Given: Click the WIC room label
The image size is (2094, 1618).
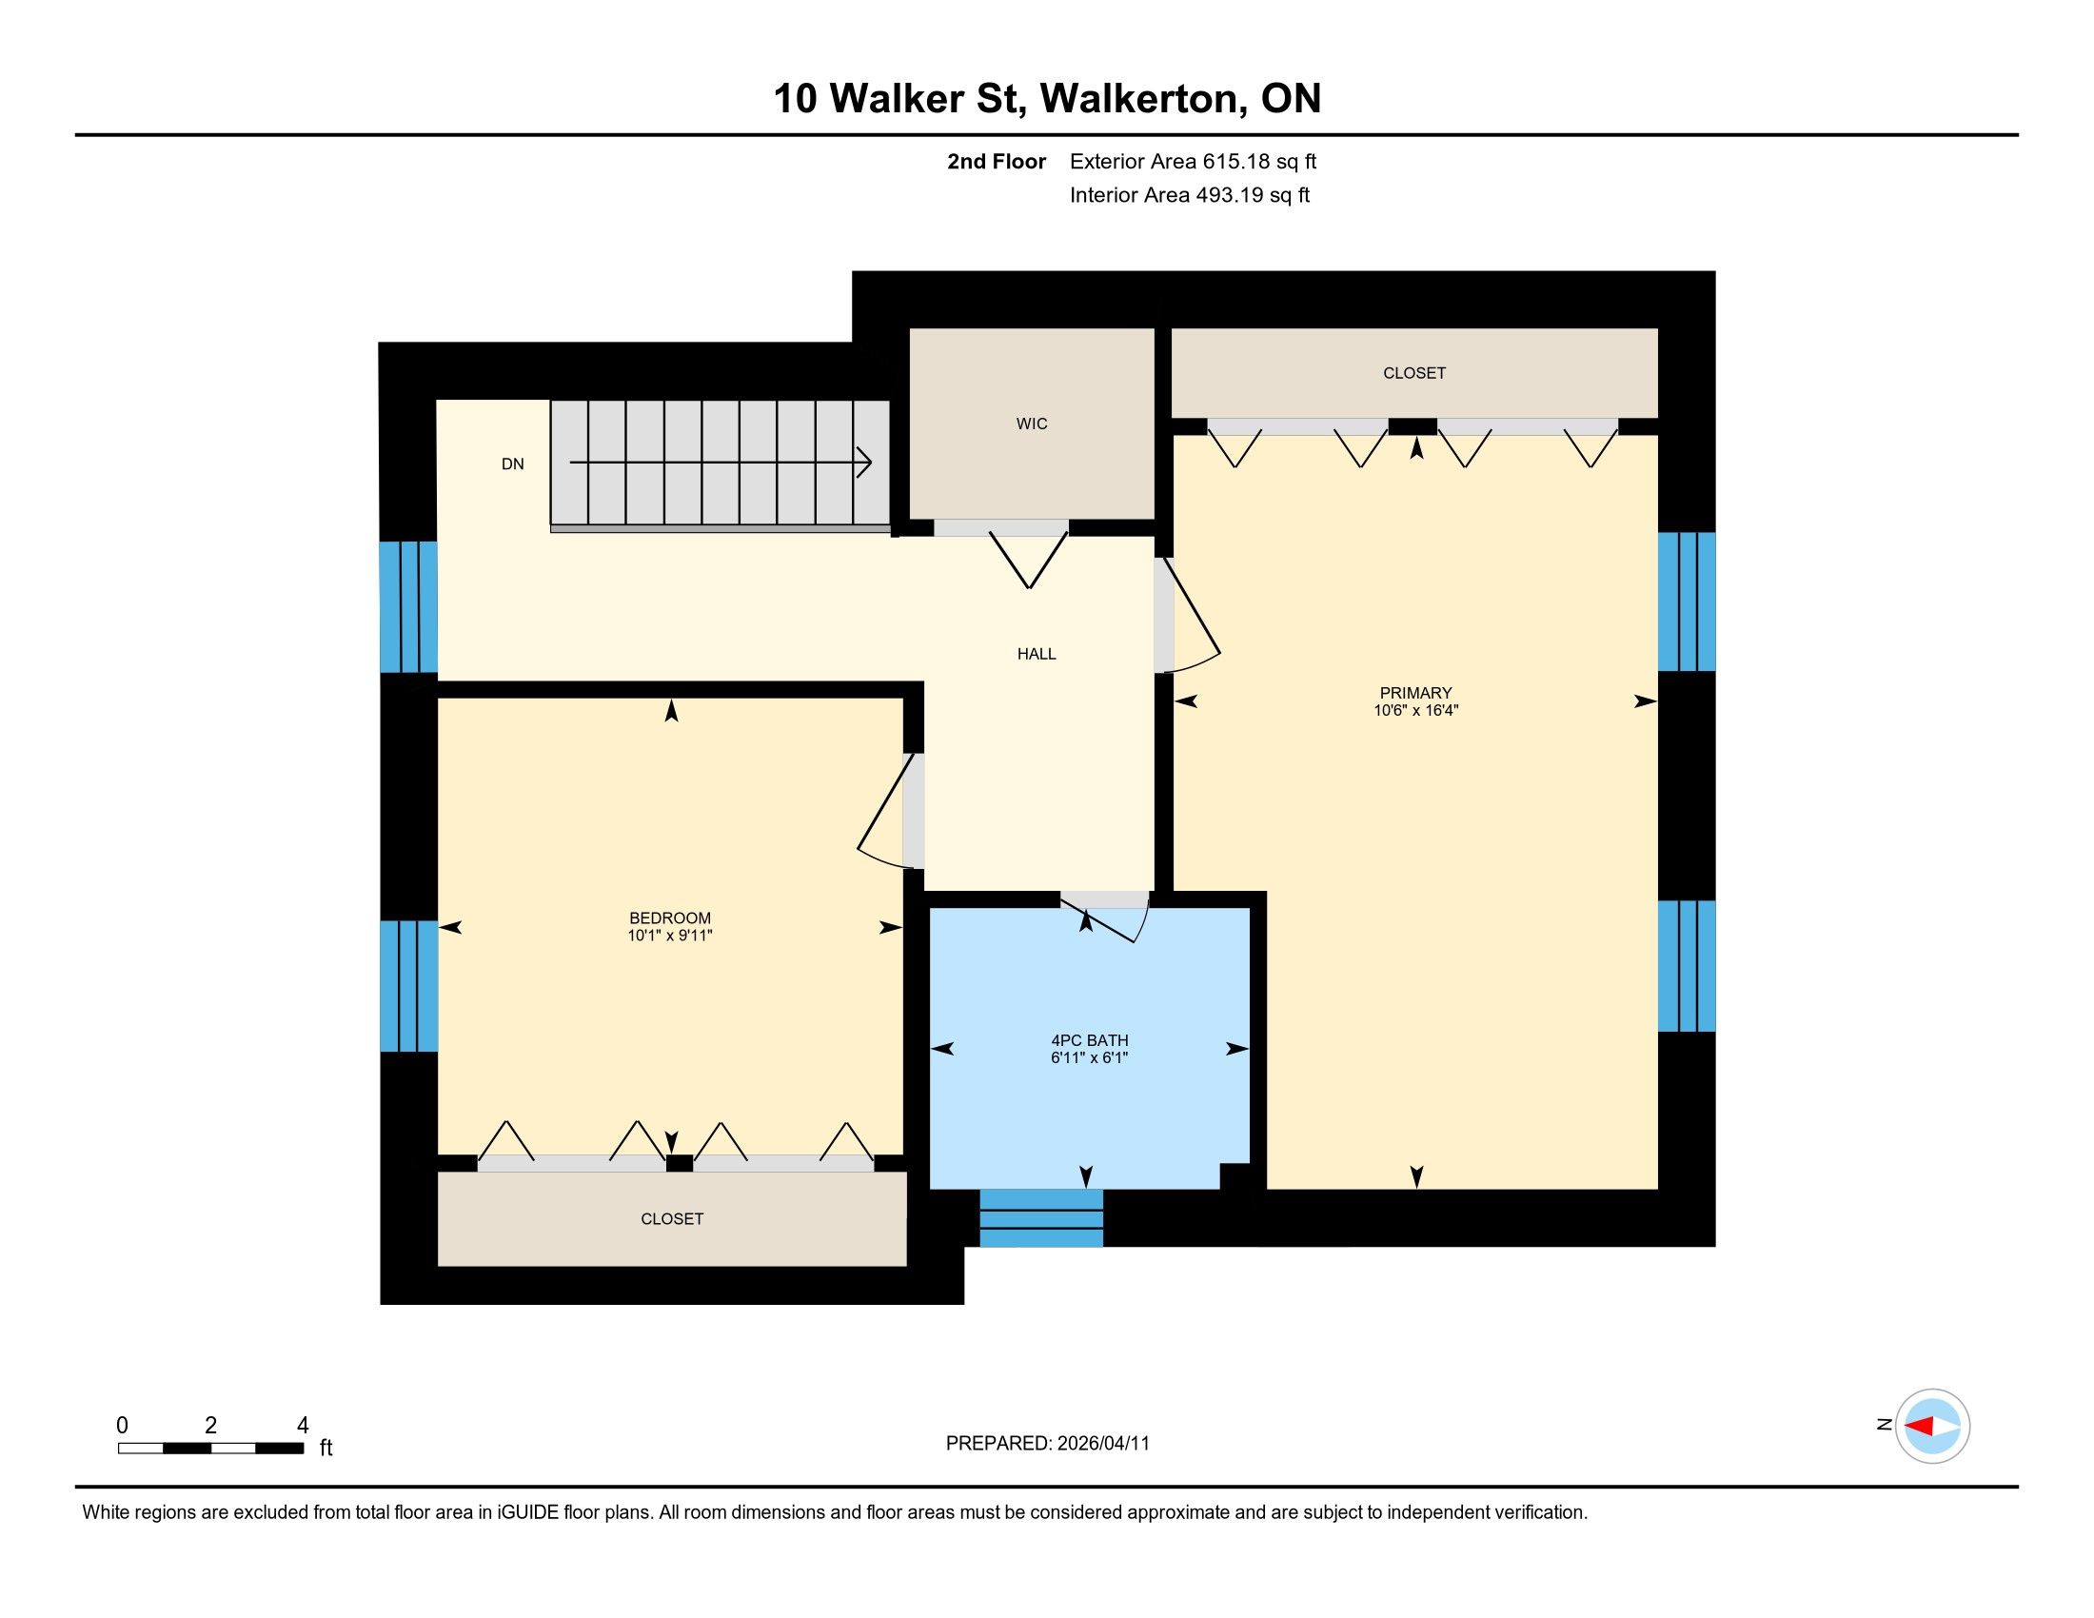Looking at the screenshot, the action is (1032, 424).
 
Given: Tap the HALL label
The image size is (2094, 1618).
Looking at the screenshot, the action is (1037, 654).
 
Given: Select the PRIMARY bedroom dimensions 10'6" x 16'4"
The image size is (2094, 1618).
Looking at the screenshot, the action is (1415, 710).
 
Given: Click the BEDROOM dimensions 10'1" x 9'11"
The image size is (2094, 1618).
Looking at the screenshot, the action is (670, 936).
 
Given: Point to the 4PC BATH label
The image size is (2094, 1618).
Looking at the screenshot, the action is (1089, 1040).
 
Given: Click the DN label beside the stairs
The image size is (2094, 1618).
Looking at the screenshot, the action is (513, 464).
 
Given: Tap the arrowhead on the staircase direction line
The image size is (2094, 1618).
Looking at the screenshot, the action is (865, 463).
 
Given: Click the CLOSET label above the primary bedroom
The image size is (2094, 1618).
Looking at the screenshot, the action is (1414, 373).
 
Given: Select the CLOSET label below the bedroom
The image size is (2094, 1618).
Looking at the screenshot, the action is (672, 1219).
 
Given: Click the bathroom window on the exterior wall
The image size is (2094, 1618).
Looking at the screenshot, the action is (1041, 1218).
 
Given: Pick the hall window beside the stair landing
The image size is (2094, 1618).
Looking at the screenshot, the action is (408, 607).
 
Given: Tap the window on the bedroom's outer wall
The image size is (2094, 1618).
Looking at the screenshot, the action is (408, 985).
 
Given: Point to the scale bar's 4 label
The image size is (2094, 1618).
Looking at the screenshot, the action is (303, 1426).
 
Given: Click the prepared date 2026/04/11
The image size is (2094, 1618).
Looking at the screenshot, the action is (1102, 1444).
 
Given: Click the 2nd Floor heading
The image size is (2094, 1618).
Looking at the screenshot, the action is (997, 161).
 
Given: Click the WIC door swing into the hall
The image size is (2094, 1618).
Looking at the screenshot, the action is (1029, 561).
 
